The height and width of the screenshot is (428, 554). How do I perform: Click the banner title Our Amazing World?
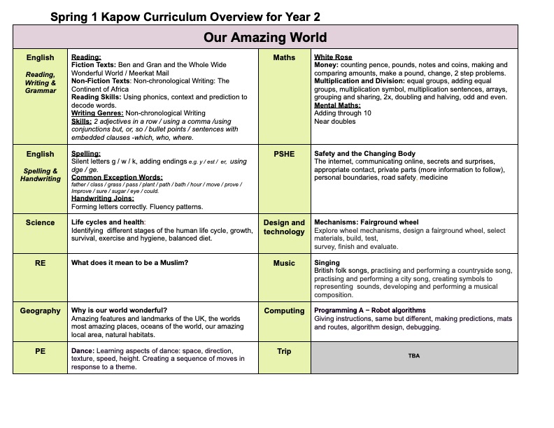click(x=265, y=37)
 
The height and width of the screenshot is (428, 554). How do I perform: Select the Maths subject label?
click(x=284, y=57)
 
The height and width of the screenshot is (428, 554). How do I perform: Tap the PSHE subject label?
click(x=284, y=154)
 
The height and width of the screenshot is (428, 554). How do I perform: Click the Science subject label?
click(x=40, y=222)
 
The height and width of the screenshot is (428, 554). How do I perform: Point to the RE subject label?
click(x=40, y=263)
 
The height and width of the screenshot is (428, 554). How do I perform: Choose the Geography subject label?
click(x=40, y=311)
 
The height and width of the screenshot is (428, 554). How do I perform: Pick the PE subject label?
click(x=40, y=351)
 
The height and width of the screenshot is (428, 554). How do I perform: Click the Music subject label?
click(x=284, y=263)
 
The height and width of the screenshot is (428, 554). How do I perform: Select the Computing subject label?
click(x=284, y=311)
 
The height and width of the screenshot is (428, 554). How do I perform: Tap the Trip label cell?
click(x=284, y=351)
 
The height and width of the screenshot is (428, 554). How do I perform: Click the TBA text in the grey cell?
click(x=413, y=356)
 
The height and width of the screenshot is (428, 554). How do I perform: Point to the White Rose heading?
click(x=333, y=57)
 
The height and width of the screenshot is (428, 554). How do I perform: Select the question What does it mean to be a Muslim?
click(x=129, y=263)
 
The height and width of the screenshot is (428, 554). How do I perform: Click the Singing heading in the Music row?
click(x=327, y=263)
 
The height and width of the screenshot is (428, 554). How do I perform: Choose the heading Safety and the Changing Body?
click(x=364, y=154)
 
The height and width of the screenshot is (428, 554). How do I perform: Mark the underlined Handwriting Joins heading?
click(x=103, y=199)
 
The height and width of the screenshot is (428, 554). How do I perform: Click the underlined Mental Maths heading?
click(x=337, y=105)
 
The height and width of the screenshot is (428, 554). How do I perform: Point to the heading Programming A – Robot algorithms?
click(x=369, y=311)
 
